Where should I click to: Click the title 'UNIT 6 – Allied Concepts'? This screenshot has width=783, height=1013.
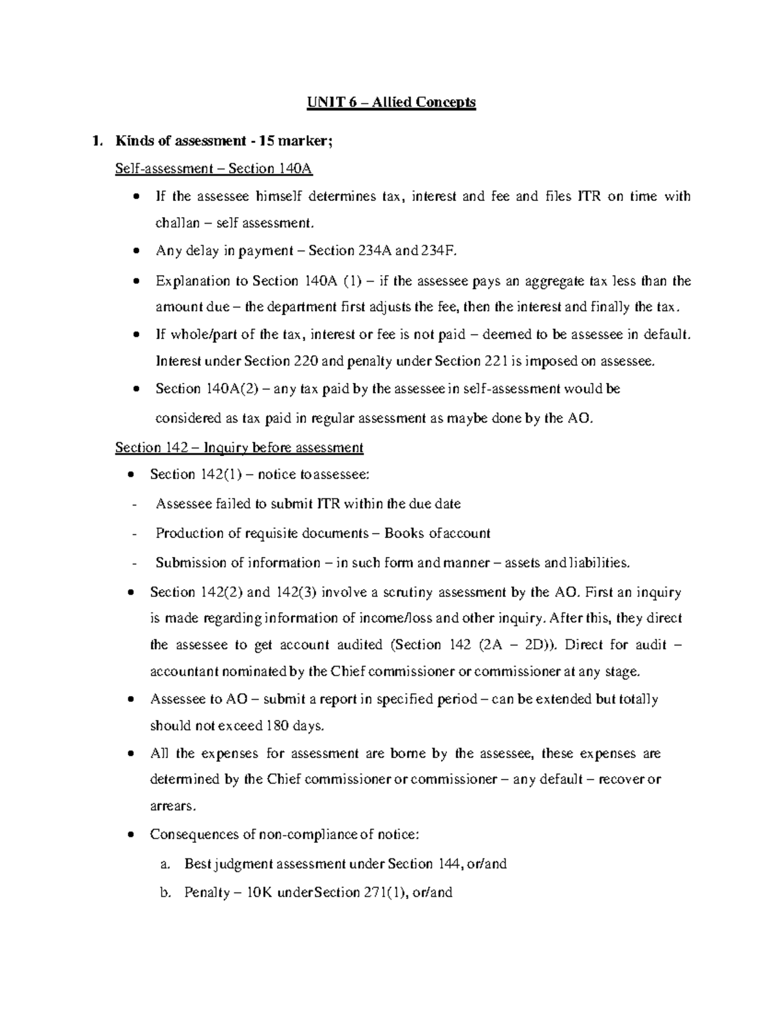(x=391, y=102)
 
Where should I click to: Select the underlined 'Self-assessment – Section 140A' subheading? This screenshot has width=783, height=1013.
(x=213, y=168)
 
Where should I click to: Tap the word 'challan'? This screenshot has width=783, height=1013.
(x=177, y=223)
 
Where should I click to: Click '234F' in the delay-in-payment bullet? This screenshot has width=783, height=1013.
(x=447, y=250)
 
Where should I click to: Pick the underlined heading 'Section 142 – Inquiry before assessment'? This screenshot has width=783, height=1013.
(x=239, y=447)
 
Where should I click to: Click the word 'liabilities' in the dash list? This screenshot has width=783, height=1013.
(x=597, y=562)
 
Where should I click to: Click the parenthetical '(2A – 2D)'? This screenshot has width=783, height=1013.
(x=519, y=645)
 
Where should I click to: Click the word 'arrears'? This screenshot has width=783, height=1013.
(x=172, y=806)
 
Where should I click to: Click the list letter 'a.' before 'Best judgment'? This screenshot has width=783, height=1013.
(x=165, y=864)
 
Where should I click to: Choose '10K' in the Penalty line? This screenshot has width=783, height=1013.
(x=254, y=892)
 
